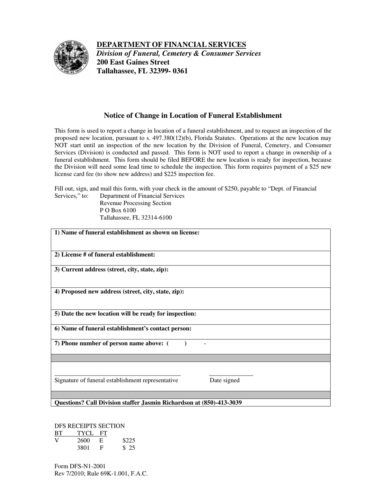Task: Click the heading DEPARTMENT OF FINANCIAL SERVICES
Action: click(171, 45)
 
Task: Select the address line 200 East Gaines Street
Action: click(133, 62)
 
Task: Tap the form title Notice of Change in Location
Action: click(193, 115)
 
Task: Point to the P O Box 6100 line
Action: click(118, 210)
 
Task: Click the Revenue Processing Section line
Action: click(135, 203)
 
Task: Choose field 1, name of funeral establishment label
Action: click(127, 233)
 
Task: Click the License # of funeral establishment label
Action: click(105, 254)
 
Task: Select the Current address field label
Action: click(111, 270)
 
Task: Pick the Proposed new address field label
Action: click(119, 291)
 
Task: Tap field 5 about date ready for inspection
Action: click(125, 313)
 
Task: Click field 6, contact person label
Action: click(123, 328)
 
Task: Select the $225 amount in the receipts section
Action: click(129, 440)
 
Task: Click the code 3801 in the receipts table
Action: click(83, 448)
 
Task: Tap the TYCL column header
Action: click(85, 433)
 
